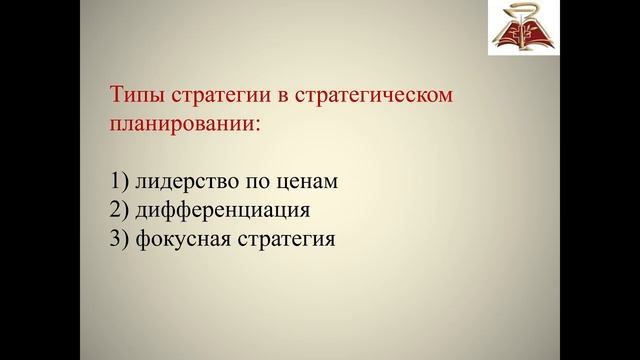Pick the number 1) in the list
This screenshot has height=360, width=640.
pos(118,183)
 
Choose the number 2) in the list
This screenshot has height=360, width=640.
pos(118,211)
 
